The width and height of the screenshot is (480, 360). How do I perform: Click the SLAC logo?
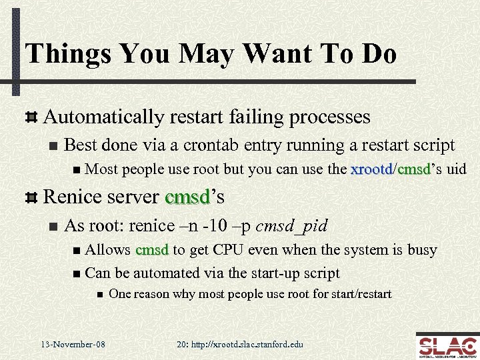(x=446, y=345)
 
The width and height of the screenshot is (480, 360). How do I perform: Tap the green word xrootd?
(x=371, y=169)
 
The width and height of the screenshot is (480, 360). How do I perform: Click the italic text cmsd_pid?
(x=293, y=225)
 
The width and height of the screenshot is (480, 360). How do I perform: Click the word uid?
(x=456, y=169)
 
